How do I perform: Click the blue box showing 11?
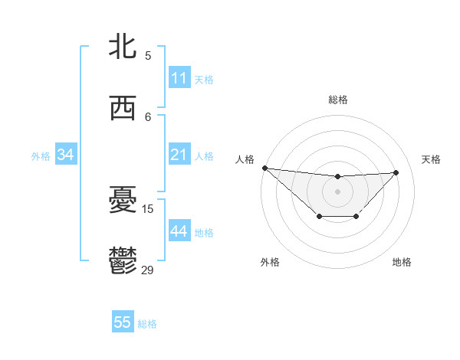[179, 78]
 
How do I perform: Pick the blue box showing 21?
[179, 155]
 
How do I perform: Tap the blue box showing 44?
[179, 232]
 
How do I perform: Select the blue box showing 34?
[66, 155]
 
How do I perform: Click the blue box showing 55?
[123, 323]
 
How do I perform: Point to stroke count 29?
[148, 270]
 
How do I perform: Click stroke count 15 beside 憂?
[148, 208]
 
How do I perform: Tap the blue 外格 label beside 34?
[41, 156]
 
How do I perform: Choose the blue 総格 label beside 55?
[147, 324]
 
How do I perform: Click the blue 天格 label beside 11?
[204, 79]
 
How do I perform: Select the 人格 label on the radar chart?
[245, 159]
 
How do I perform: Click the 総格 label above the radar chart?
[337, 100]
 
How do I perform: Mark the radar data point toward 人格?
[264, 168]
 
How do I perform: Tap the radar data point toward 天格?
[396, 172]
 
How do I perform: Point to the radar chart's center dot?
[337, 191]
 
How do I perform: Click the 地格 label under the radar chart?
[402, 262]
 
